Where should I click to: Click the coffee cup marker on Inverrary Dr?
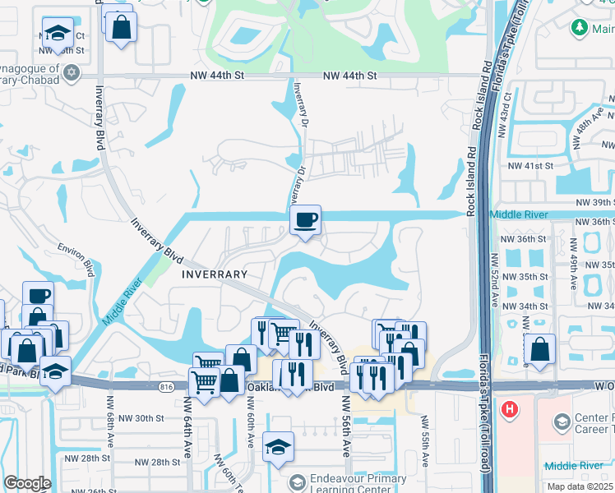pos(305,220)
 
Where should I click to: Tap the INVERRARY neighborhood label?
pos(215,274)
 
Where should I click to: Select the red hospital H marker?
pos(510,408)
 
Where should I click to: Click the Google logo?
pos(27,483)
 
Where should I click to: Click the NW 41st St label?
pos(530,165)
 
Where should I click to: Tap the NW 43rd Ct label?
pos(507,107)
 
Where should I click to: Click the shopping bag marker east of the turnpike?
pos(539,348)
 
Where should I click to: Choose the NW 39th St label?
pos(593,202)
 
